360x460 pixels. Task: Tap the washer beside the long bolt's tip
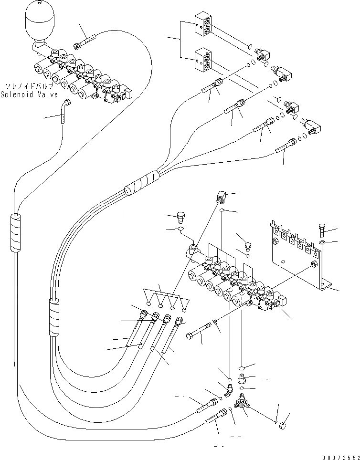tap(215, 321)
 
